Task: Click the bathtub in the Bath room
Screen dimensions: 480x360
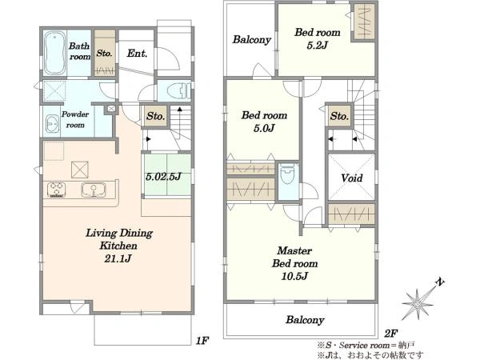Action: pos(55,53)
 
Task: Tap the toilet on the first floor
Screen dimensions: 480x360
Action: pos(178,90)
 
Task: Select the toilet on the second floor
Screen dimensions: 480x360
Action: pos(288,174)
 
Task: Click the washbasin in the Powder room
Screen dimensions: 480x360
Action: pos(52,124)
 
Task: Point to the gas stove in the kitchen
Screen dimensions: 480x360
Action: pos(56,190)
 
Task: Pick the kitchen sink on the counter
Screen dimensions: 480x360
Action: pos(94,190)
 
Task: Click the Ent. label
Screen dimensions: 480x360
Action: pos(137,54)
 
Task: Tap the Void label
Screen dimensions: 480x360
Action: pos(352,178)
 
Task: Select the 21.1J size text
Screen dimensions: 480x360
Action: pos(118,258)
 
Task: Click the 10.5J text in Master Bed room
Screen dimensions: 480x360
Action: pos(294,277)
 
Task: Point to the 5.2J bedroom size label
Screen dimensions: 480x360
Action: pos(317,46)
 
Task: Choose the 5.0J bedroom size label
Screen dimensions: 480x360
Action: pos(264,128)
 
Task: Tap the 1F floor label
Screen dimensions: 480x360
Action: pos(202,341)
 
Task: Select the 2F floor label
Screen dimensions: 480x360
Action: pos(390,333)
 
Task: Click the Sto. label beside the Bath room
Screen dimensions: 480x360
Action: pos(104,54)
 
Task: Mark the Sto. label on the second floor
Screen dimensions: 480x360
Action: pos(339,116)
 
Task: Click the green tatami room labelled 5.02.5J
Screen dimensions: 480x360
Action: pos(167,176)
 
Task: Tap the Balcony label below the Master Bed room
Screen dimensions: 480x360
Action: pos(305,320)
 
